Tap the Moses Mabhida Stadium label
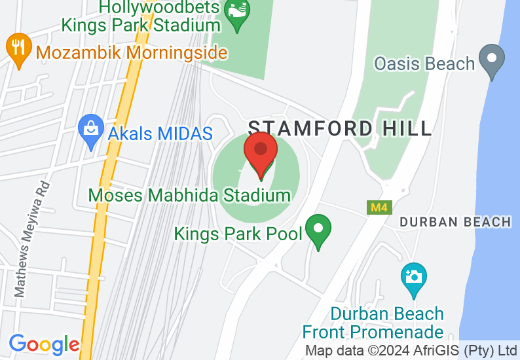[x=189, y=195]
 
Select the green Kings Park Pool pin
[x=318, y=231]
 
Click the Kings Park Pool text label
[x=238, y=233]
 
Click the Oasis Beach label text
[x=424, y=63]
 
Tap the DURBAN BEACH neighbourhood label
[x=455, y=222]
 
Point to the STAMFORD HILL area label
[x=340, y=128]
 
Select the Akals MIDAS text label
[x=160, y=134]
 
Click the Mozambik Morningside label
[x=132, y=52]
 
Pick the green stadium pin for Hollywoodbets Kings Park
[x=235, y=14]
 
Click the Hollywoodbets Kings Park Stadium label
[x=141, y=16]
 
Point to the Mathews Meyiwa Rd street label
[x=32, y=238]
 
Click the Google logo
[x=44, y=344]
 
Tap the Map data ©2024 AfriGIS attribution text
[x=411, y=350]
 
